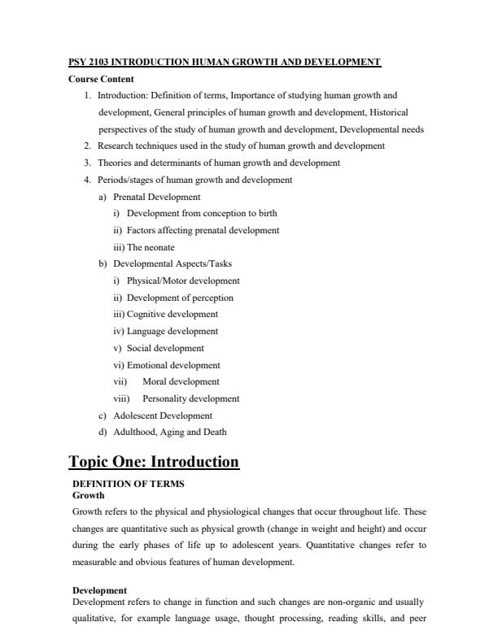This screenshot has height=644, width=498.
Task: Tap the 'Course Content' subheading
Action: point(101,79)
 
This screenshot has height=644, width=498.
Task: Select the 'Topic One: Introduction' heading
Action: point(154,462)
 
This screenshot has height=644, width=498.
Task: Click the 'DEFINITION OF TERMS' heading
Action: point(129,483)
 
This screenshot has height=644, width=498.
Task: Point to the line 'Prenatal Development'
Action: point(156,197)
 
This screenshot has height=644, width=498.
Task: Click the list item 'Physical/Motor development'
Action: point(183,281)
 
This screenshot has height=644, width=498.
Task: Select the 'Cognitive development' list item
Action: point(172,314)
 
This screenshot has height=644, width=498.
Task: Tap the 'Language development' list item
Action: point(173,331)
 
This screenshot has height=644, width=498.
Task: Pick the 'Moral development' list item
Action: point(181,381)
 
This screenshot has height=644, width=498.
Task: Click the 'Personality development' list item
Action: point(190,398)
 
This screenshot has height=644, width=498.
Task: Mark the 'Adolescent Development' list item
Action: point(162,416)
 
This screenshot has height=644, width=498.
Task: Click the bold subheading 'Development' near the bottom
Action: point(99,590)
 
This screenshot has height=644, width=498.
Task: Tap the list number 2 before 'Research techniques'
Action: point(87,146)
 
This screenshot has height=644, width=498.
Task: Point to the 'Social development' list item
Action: point(165,348)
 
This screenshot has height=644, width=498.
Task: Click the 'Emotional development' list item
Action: point(173,365)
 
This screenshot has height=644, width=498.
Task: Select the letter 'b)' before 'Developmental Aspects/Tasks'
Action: point(103,264)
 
